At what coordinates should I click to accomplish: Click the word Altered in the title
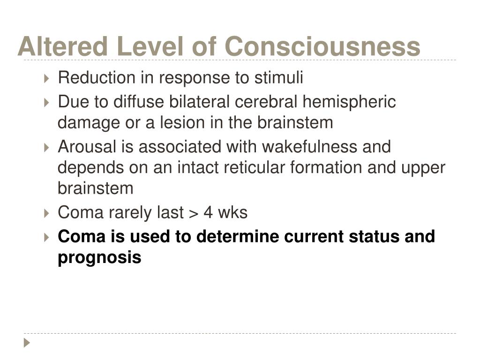point(62,46)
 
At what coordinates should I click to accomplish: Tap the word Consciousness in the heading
point(322,46)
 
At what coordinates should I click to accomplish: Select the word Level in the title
point(150,46)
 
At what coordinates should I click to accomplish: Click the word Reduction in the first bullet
point(97,77)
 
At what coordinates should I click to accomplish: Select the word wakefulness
point(309,147)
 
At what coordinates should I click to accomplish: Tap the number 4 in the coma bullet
point(208,212)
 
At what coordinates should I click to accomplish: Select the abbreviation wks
point(232,212)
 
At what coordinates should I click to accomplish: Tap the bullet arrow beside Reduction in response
point(46,78)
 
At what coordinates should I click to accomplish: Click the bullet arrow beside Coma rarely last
point(46,213)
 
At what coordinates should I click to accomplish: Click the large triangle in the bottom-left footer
point(27,343)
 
